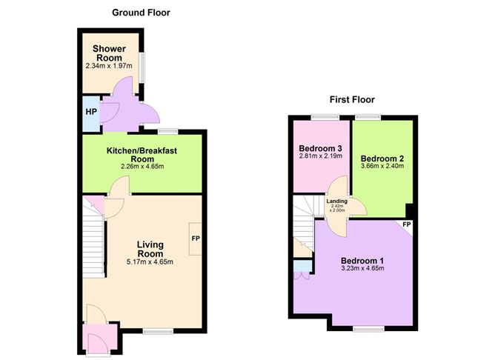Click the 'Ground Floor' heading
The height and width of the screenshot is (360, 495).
(x=142, y=13)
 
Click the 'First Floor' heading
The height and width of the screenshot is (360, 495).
(x=352, y=99)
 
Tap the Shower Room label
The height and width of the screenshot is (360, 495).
(x=108, y=53)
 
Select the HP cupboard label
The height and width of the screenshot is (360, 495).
(x=90, y=112)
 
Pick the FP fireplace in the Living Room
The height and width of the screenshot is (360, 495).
(x=196, y=239)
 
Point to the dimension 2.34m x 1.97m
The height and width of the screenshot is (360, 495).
(x=108, y=66)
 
